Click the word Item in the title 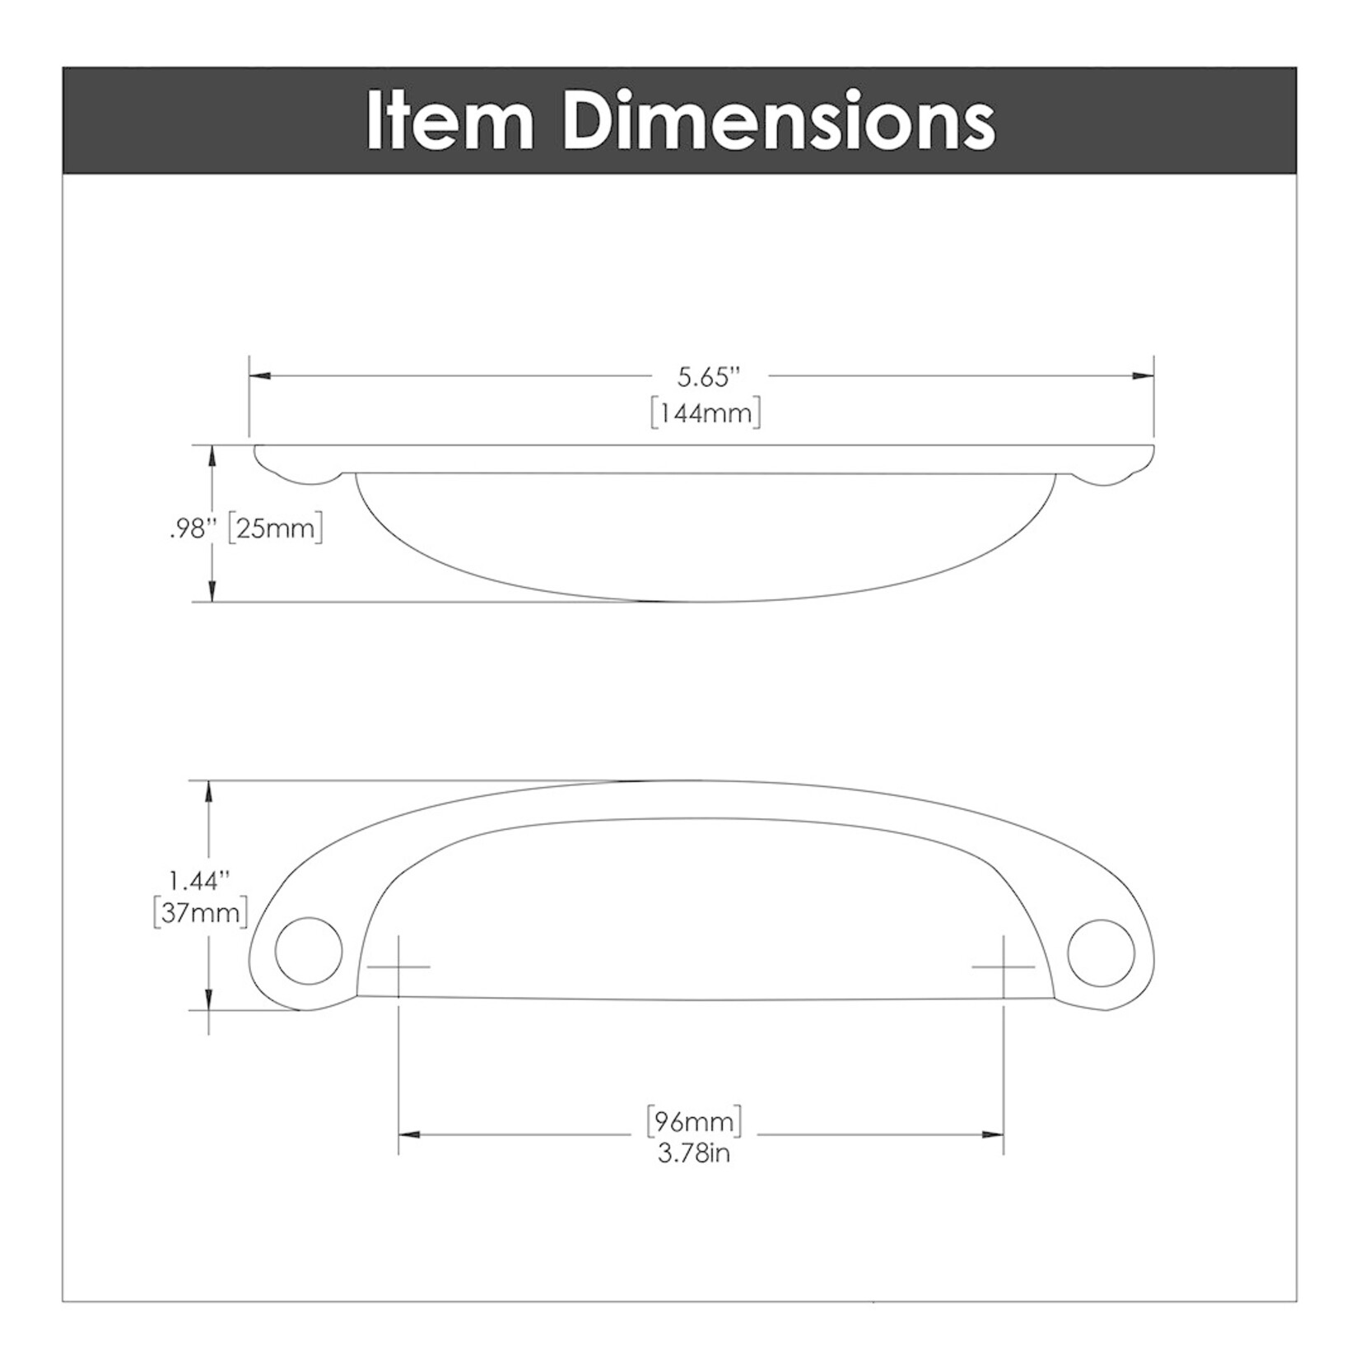click(x=449, y=121)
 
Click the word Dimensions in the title click(x=779, y=121)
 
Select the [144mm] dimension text click(x=705, y=412)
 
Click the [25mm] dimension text click(x=274, y=528)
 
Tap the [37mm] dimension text click(x=200, y=913)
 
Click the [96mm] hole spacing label click(x=695, y=1120)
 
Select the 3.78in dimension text click(x=694, y=1153)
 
